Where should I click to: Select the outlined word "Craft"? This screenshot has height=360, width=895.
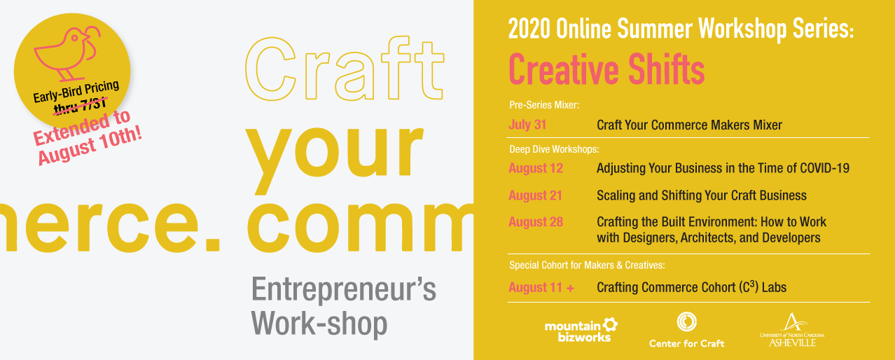345,69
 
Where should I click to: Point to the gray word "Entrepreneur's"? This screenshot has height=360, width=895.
344,290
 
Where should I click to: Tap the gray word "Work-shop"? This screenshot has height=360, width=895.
319,324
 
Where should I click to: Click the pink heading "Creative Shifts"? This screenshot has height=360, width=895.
606,69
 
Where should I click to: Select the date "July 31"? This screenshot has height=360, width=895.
527,125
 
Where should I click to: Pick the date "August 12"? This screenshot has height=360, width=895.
536,168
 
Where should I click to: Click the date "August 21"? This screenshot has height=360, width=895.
535,195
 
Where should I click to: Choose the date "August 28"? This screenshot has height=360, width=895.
536,222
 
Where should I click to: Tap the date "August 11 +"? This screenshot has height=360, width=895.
541,287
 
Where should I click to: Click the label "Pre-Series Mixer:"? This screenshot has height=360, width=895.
543,105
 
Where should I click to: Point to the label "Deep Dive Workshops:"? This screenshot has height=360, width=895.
554,149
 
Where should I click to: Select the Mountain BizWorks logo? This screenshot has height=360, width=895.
581,330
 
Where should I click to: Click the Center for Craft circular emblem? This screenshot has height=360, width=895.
686,321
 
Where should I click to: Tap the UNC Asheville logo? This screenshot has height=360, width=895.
792,330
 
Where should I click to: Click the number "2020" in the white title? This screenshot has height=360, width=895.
529,29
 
